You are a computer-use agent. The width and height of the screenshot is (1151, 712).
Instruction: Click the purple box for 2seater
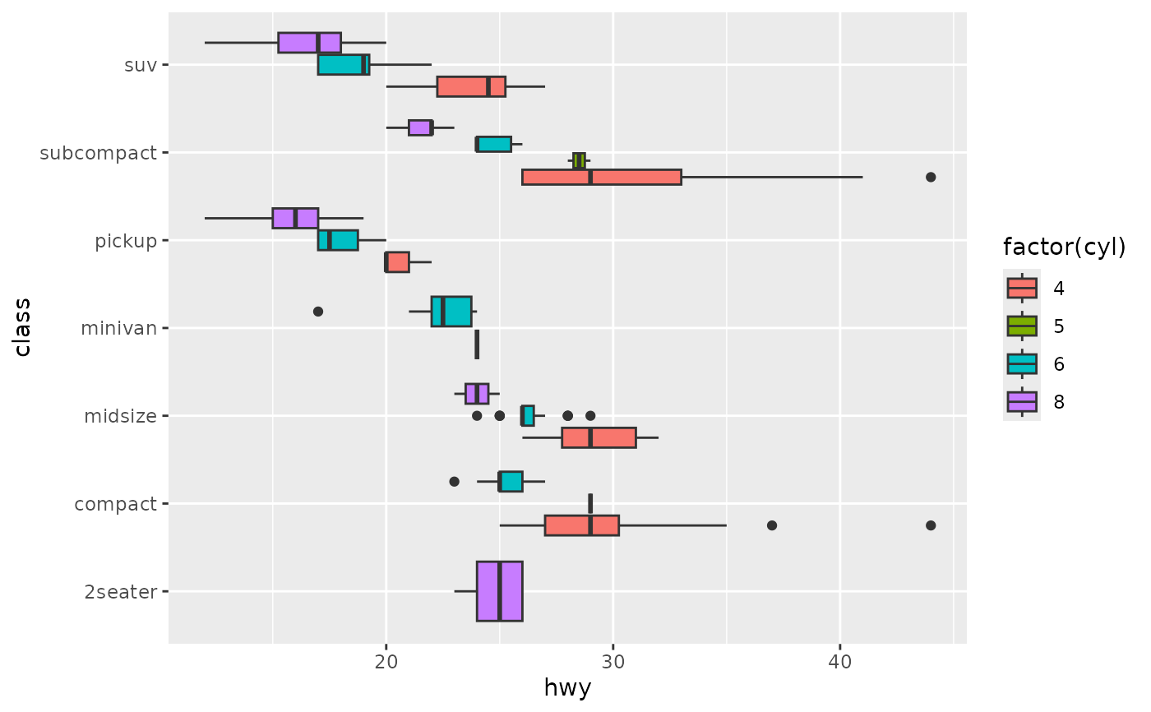click(499, 591)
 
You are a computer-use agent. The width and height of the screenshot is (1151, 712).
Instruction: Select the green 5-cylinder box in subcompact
click(579, 160)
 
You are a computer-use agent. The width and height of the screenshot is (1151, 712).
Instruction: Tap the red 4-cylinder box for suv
click(471, 86)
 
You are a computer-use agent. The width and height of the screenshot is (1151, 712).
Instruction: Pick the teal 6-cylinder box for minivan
click(451, 312)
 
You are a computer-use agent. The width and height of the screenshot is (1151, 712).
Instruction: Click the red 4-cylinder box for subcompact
click(601, 177)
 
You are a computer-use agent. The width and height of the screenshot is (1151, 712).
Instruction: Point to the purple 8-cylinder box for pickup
click(295, 218)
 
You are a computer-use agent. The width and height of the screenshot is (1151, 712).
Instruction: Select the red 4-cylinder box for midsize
click(599, 437)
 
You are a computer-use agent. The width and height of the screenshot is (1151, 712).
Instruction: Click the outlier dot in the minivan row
click(318, 312)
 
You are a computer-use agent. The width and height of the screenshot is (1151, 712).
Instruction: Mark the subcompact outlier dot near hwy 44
click(931, 177)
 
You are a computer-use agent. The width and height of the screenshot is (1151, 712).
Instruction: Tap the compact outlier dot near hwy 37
click(771, 525)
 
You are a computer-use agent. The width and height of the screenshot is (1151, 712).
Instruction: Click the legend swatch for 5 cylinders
click(1022, 326)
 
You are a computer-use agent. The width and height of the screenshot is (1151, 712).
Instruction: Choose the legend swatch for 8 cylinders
click(1022, 401)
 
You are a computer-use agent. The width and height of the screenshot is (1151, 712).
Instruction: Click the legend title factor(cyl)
click(1064, 247)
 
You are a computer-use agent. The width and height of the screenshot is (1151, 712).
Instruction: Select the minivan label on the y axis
click(118, 328)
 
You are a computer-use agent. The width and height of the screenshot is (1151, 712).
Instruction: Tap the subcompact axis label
click(98, 153)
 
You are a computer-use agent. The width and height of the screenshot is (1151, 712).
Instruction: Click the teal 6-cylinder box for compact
click(510, 481)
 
